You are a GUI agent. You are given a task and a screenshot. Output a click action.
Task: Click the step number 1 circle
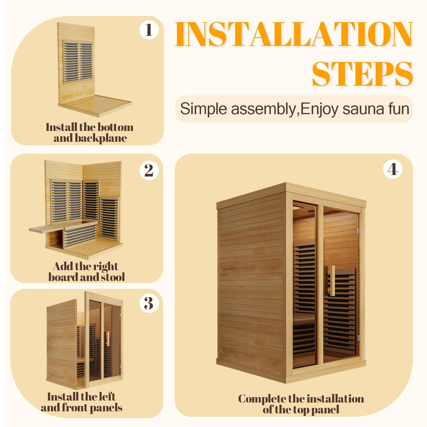149,30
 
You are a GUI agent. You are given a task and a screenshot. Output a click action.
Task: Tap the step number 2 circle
149,171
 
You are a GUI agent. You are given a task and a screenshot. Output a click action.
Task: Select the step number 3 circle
149,303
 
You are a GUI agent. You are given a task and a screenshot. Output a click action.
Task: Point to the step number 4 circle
393,170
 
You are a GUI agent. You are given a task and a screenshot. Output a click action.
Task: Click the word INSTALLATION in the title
294,34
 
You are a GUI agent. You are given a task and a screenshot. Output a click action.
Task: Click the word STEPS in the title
362,74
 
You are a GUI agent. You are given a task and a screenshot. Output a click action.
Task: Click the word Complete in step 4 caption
261,399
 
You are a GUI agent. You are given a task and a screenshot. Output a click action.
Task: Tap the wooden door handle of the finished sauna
331,280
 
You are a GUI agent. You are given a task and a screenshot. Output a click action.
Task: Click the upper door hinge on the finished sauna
358,231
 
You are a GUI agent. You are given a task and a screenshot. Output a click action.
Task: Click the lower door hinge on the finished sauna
358,338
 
